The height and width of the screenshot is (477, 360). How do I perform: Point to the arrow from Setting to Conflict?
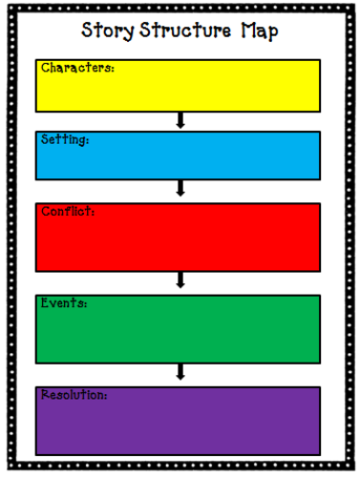point(180,190)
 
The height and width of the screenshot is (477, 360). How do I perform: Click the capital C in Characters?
point(45,68)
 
